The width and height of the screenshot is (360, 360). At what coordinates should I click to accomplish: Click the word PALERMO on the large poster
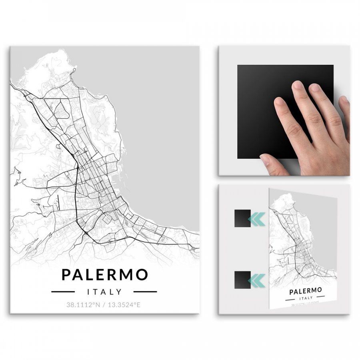[105, 275]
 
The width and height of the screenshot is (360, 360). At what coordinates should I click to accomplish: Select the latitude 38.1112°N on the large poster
[83, 305]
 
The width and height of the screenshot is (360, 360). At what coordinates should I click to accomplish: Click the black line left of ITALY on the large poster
[63, 292]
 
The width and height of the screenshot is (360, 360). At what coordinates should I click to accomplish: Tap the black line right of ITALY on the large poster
[145, 292]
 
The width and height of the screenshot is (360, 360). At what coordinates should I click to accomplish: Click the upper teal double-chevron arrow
[256, 218]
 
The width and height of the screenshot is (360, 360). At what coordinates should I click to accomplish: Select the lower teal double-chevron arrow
[256, 280]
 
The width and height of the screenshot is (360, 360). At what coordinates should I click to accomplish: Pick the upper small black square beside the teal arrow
[242, 218]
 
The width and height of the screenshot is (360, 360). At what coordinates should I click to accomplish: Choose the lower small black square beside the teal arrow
[242, 280]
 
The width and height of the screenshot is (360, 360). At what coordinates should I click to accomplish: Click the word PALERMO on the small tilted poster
[306, 290]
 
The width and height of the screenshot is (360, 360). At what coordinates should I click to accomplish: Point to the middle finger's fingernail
[298, 85]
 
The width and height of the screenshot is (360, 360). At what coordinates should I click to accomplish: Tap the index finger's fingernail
[279, 102]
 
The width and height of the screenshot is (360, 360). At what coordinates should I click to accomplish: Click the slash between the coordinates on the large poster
[103, 305]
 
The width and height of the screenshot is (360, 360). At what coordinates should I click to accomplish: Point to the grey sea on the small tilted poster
[324, 232]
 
